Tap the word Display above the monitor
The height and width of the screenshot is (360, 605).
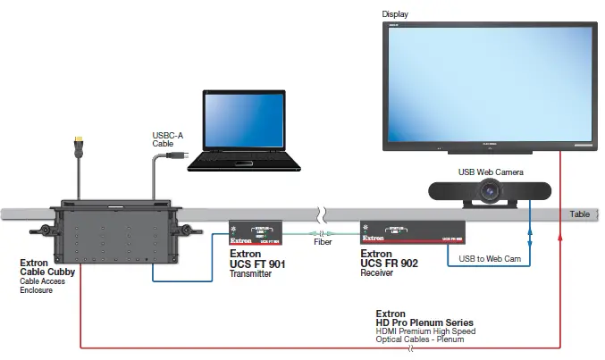395,13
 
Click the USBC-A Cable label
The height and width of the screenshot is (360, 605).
169,140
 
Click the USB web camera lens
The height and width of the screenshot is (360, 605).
490,189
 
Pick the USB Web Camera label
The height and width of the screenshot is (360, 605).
493,171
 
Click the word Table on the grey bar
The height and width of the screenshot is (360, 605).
581,214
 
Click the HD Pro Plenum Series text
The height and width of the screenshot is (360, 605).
425,322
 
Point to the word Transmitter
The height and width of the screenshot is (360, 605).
251,274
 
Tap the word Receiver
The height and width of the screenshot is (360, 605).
377,274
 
